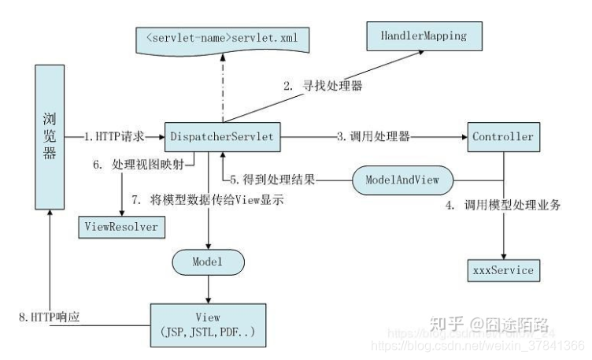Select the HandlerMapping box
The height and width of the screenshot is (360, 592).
[416, 36]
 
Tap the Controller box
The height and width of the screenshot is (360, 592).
[503, 137]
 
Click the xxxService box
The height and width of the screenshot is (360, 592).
[503, 270]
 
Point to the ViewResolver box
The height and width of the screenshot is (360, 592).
[120, 227]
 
